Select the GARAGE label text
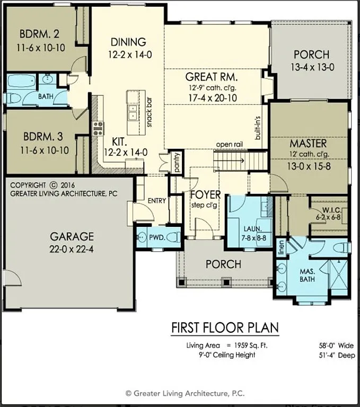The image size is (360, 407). [72, 236]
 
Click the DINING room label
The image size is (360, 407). [128, 42]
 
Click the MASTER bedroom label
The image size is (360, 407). [308, 144]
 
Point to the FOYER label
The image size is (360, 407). [205, 194]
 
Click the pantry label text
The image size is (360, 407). [177, 163]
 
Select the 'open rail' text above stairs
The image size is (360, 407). [229, 145]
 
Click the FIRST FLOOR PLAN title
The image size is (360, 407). [224, 328]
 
